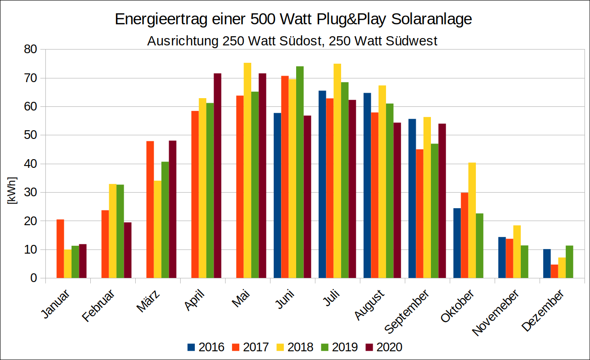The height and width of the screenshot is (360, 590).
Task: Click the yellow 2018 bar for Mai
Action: point(247,170)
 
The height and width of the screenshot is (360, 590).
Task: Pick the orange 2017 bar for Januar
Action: point(61,249)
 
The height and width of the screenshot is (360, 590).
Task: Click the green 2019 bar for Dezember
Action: point(569,262)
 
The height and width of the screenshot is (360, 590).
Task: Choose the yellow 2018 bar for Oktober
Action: point(472,220)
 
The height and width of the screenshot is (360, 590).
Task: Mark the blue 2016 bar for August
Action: point(367,185)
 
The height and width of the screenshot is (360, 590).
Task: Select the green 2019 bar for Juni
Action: point(300,172)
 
